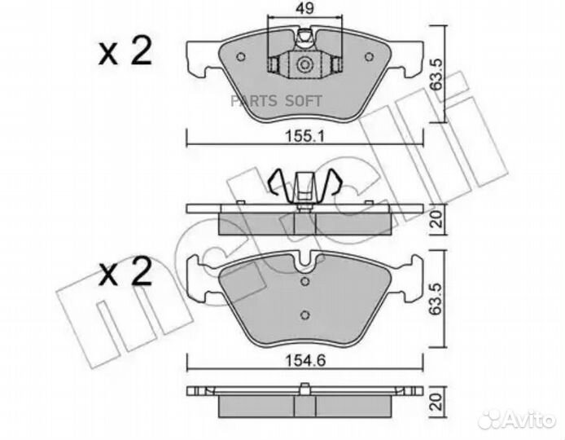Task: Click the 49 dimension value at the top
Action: pos(304,11)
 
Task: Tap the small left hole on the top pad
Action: pos(242,56)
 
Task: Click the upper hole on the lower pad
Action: pos(304,283)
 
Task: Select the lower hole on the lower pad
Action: pos(304,316)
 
